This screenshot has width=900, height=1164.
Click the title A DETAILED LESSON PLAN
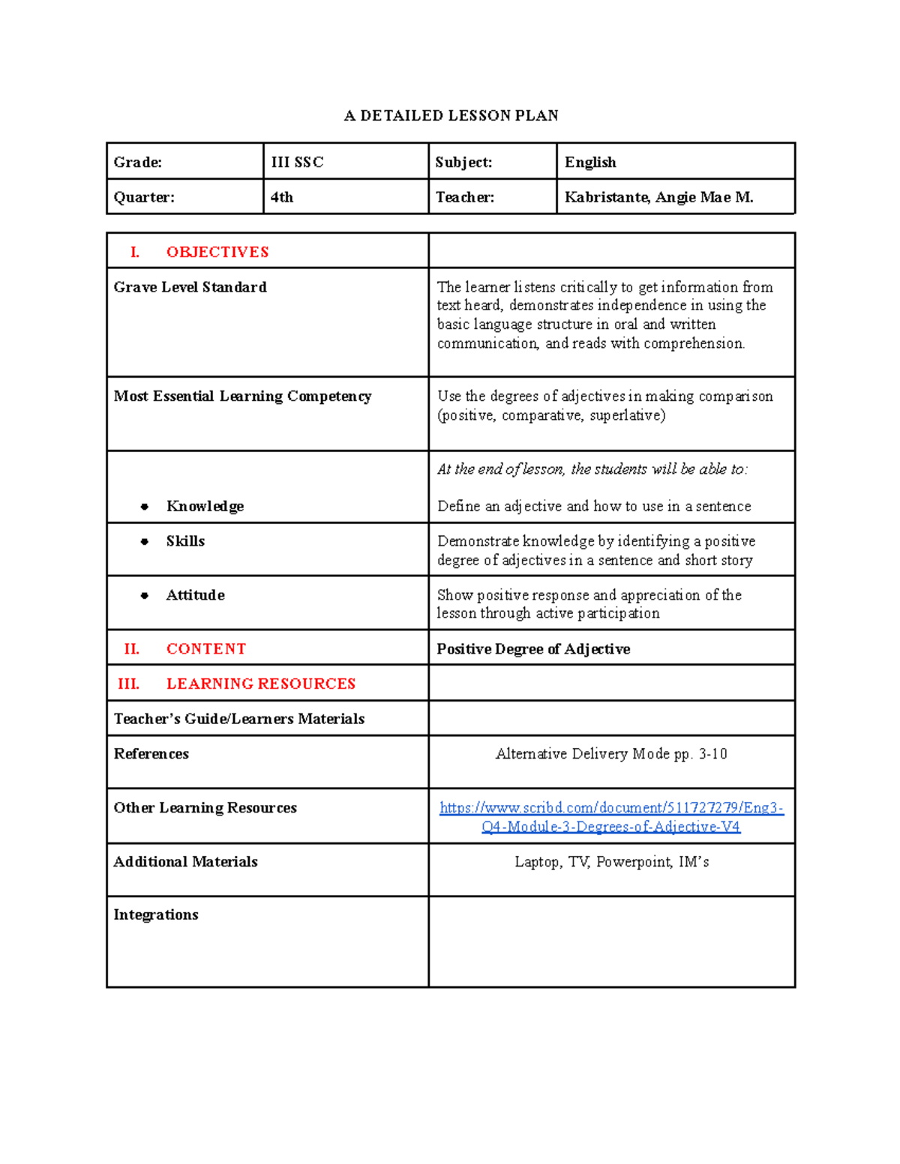[451, 115]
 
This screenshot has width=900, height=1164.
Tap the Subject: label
[463, 162]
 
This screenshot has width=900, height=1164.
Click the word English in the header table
[590, 162]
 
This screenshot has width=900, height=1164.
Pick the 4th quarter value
[282, 197]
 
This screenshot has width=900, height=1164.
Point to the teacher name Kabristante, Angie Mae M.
[658, 197]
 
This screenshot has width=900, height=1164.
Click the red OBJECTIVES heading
[217, 252]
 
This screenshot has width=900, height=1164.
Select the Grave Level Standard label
[190, 287]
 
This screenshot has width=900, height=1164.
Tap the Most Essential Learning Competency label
[242, 396]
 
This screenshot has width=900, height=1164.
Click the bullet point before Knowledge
[145, 507]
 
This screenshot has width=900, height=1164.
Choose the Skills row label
[185, 541]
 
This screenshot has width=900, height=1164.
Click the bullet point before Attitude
[145, 596]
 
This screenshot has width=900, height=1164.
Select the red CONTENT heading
[205, 649]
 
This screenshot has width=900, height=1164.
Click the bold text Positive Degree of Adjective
[533, 649]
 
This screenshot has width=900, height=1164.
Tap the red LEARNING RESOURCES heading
[260, 684]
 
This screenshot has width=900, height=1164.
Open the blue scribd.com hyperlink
[611, 817]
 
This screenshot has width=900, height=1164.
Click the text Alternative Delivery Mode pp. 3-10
[611, 754]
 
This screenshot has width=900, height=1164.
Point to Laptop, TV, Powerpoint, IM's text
[611, 862]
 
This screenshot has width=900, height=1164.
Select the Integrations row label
[156, 914]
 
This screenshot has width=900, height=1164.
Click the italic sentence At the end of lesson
[592, 469]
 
